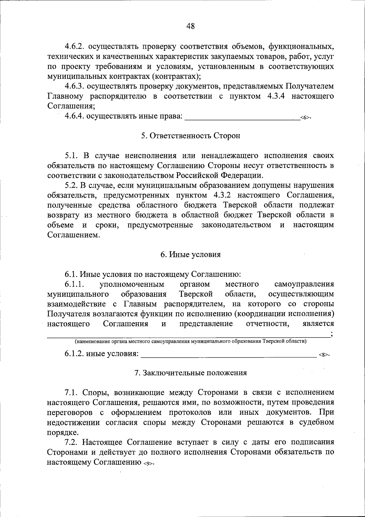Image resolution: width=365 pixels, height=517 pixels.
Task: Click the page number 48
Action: click(x=190, y=26)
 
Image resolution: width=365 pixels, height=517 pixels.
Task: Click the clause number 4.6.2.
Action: click(x=74, y=47)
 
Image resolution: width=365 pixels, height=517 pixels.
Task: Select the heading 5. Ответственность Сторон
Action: click(x=190, y=136)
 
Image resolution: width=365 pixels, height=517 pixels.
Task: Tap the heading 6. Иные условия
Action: click(x=190, y=254)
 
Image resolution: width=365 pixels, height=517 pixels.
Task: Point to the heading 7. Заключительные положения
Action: click(x=190, y=373)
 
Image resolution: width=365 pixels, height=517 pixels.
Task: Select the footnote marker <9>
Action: click(x=148, y=463)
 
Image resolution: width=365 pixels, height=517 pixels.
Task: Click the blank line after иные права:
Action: click(x=242, y=117)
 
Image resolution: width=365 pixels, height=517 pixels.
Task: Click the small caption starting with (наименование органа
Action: click(x=190, y=341)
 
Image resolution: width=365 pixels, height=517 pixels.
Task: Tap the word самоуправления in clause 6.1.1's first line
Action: click(x=304, y=284)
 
